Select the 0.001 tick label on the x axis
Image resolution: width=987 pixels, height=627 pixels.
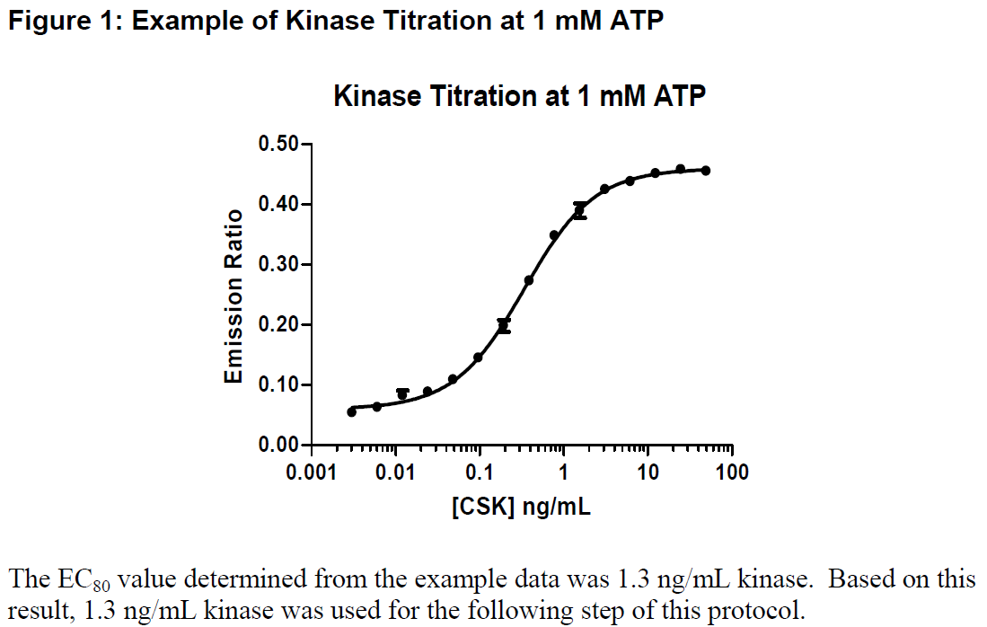pyautogui.click(x=312, y=472)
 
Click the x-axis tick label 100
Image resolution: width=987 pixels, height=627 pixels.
pyautogui.click(x=733, y=472)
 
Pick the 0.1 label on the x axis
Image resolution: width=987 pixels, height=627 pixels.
pyautogui.click(x=480, y=472)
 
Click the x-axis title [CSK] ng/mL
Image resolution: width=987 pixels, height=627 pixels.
pyautogui.click(x=521, y=507)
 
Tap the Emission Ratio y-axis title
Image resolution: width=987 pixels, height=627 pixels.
pyautogui.click(x=234, y=296)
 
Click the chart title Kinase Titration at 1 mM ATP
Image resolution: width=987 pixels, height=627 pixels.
pyautogui.click(x=519, y=96)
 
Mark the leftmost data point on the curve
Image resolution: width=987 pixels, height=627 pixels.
pyautogui.click(x=351, y=411)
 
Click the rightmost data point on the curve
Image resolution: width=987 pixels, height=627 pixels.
pyautogui.click(x=706, y=170)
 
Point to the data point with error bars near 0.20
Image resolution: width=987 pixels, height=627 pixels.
pyautogui.click(x=504, y=326)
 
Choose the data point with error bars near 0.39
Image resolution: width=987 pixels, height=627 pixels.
pyautogui.click(x=579, y=211)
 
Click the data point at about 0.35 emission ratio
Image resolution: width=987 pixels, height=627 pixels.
pyautogui.click(x=554, y=235)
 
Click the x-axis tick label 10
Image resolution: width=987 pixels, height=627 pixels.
pyautogui.click(x=648, y=472)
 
